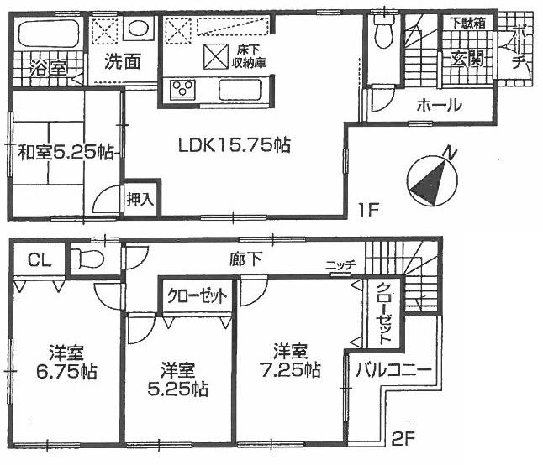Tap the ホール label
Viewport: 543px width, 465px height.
click(437, 106)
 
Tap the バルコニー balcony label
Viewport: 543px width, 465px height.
click(393, 370)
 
